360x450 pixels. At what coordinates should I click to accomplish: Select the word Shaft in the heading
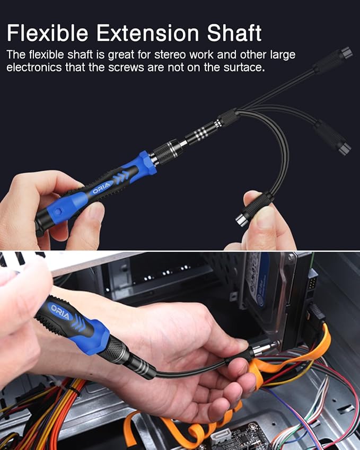pos(233,33)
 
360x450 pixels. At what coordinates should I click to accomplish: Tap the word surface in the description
pos(242,68)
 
